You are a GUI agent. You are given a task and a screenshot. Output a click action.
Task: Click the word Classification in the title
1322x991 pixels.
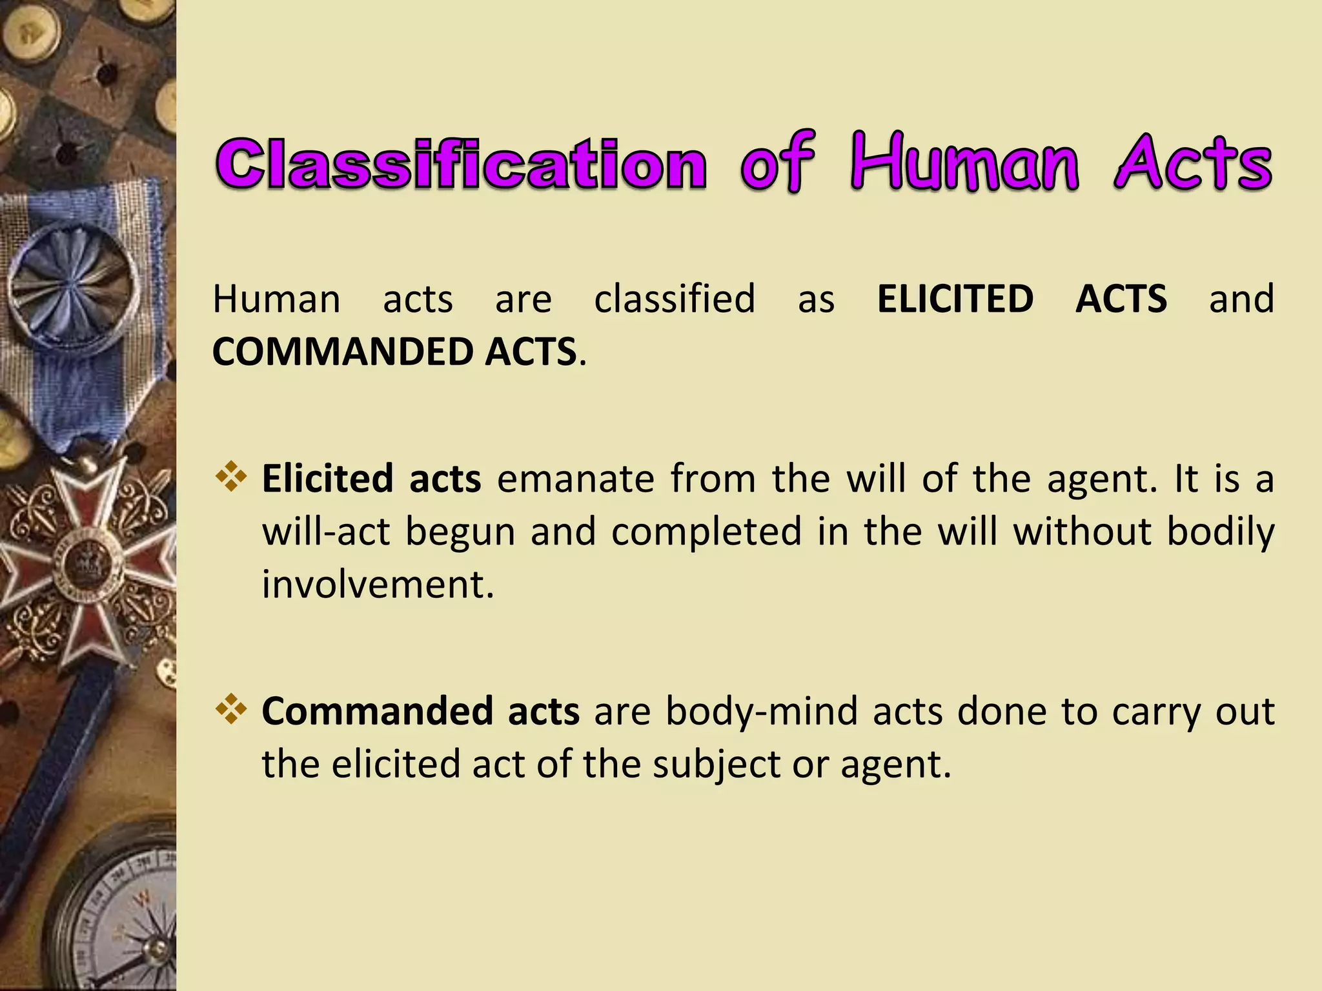[462, 165]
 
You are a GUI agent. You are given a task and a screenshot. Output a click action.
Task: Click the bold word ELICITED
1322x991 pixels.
[955, 299]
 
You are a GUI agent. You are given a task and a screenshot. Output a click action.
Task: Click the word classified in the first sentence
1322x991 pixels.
[675, 299]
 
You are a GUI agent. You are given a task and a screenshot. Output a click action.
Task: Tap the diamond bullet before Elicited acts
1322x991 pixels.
[231, 478]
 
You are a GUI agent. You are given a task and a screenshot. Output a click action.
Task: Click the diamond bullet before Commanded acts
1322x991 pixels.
[231, 710]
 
